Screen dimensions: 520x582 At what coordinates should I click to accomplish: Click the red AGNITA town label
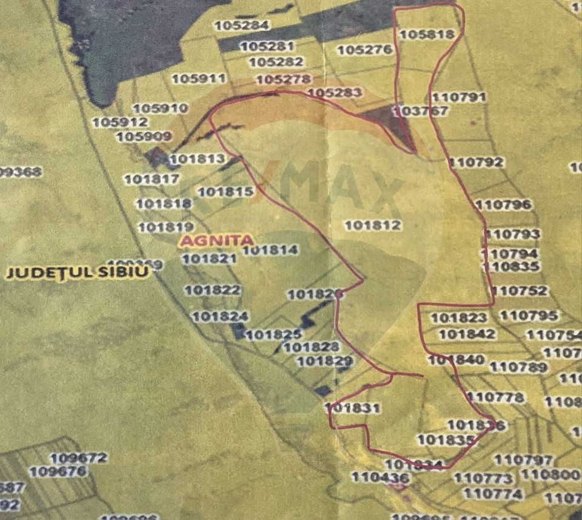tap(216, 240)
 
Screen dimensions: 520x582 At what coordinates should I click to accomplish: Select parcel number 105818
tap(427, 35)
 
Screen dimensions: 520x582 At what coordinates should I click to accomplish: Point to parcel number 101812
tap(373, 225)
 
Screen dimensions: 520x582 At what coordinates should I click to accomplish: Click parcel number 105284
tap(241, 25)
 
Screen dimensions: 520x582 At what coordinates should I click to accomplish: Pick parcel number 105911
tap(198, 79)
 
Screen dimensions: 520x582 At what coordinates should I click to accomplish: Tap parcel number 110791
tap(460, 97)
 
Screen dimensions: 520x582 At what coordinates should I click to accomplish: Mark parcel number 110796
tap(504, 204)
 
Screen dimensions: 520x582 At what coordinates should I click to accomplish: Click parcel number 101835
tap(446, 439)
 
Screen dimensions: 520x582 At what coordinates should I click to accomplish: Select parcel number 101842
tap(467, 334)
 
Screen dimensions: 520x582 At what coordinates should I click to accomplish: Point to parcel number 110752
tap(520, 291)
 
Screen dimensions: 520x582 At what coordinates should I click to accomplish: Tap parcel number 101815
tap(226, 192)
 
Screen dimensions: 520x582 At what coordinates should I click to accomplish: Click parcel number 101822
tap(212, 290)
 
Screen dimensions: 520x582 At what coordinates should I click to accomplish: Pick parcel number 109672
tap(79, 458)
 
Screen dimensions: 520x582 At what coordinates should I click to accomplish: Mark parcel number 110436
tap(380, 478)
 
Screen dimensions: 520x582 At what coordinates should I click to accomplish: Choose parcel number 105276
tap(364, 50)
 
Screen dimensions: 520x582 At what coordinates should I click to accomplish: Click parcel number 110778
tap(497, 397)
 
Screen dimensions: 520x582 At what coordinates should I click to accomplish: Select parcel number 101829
tap(326, 362)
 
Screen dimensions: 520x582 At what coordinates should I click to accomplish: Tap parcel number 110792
tap(477, 162)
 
